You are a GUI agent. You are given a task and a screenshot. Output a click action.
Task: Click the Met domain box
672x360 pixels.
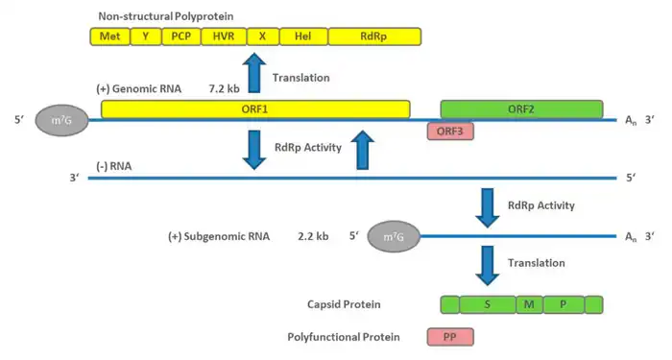click(109, 36)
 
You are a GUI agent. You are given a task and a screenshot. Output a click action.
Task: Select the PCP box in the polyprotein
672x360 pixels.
click(180, 36)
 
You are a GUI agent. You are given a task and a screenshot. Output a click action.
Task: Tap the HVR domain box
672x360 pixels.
click(224, 36)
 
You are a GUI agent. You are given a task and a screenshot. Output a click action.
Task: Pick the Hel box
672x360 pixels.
click(303, 36)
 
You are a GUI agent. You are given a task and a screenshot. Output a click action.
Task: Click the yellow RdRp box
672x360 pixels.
click(374, 36)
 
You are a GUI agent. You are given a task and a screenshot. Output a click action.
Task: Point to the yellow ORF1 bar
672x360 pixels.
click(255, 109)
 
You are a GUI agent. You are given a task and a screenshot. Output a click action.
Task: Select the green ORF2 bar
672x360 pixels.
click(521, 109)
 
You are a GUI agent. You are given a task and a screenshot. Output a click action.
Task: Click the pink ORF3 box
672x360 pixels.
click(450, 132)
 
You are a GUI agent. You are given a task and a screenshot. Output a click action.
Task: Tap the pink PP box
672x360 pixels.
click(450, 337)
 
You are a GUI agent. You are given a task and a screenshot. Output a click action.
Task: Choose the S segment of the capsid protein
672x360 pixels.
click(488, 304)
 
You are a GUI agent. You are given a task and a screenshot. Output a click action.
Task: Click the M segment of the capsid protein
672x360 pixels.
click(530, 304)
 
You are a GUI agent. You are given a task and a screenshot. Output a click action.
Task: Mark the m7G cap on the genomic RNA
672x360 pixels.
click(61, 120)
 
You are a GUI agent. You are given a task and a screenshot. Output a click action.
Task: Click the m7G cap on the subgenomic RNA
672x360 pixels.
click(394, 236)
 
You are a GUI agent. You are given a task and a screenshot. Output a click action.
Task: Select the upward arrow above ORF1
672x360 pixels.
click(254, 72)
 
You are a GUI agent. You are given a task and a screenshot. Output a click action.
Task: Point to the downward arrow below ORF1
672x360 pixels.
click(254, 150)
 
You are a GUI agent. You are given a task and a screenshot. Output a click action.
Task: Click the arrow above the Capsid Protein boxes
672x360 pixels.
click(488, 265)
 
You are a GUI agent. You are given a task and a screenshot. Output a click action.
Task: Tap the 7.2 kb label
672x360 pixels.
click(224, 88)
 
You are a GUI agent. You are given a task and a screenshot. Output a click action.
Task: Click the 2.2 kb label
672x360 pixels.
click(313, 236)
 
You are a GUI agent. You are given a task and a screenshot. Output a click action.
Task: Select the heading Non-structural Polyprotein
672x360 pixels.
click(166, 16)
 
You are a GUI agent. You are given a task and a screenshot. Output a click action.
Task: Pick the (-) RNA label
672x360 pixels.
click(113, 166)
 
